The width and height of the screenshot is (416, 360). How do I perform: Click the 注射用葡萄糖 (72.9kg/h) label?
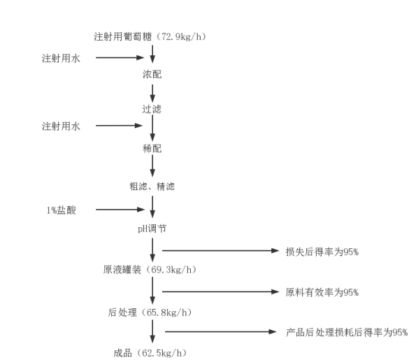[150, 36]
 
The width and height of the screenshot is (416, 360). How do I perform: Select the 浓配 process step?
[152, 74]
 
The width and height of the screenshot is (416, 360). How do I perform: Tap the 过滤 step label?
[152, 109]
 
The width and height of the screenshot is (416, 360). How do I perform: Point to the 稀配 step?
[152, 148]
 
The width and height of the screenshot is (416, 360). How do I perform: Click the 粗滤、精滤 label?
[152, 187]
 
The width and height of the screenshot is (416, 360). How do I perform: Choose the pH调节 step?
[152, 229]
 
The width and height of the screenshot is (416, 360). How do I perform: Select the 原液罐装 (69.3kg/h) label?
[150, 270]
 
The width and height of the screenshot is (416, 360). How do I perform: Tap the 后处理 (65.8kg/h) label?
[150, 312]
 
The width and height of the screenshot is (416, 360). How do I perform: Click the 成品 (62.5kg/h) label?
[150, 353]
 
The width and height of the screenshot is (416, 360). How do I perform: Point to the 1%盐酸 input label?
[62, 210]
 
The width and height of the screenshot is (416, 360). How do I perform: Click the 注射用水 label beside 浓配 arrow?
[61, 58]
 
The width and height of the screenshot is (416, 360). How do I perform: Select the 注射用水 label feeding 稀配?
[61, 127]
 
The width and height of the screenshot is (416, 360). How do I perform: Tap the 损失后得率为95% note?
[322, 252]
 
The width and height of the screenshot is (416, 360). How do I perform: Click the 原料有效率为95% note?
[322, 292]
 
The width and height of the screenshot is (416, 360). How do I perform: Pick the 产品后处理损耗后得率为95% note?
[347, 332]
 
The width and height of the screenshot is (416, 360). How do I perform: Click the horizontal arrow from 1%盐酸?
[120, 210]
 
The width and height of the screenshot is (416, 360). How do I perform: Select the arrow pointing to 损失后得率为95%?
[220, 250]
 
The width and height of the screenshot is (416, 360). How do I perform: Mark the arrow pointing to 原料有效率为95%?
[220, 291]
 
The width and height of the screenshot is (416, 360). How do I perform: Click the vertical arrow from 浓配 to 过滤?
[152, 94]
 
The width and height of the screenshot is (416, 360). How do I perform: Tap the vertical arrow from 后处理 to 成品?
[152, 331]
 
